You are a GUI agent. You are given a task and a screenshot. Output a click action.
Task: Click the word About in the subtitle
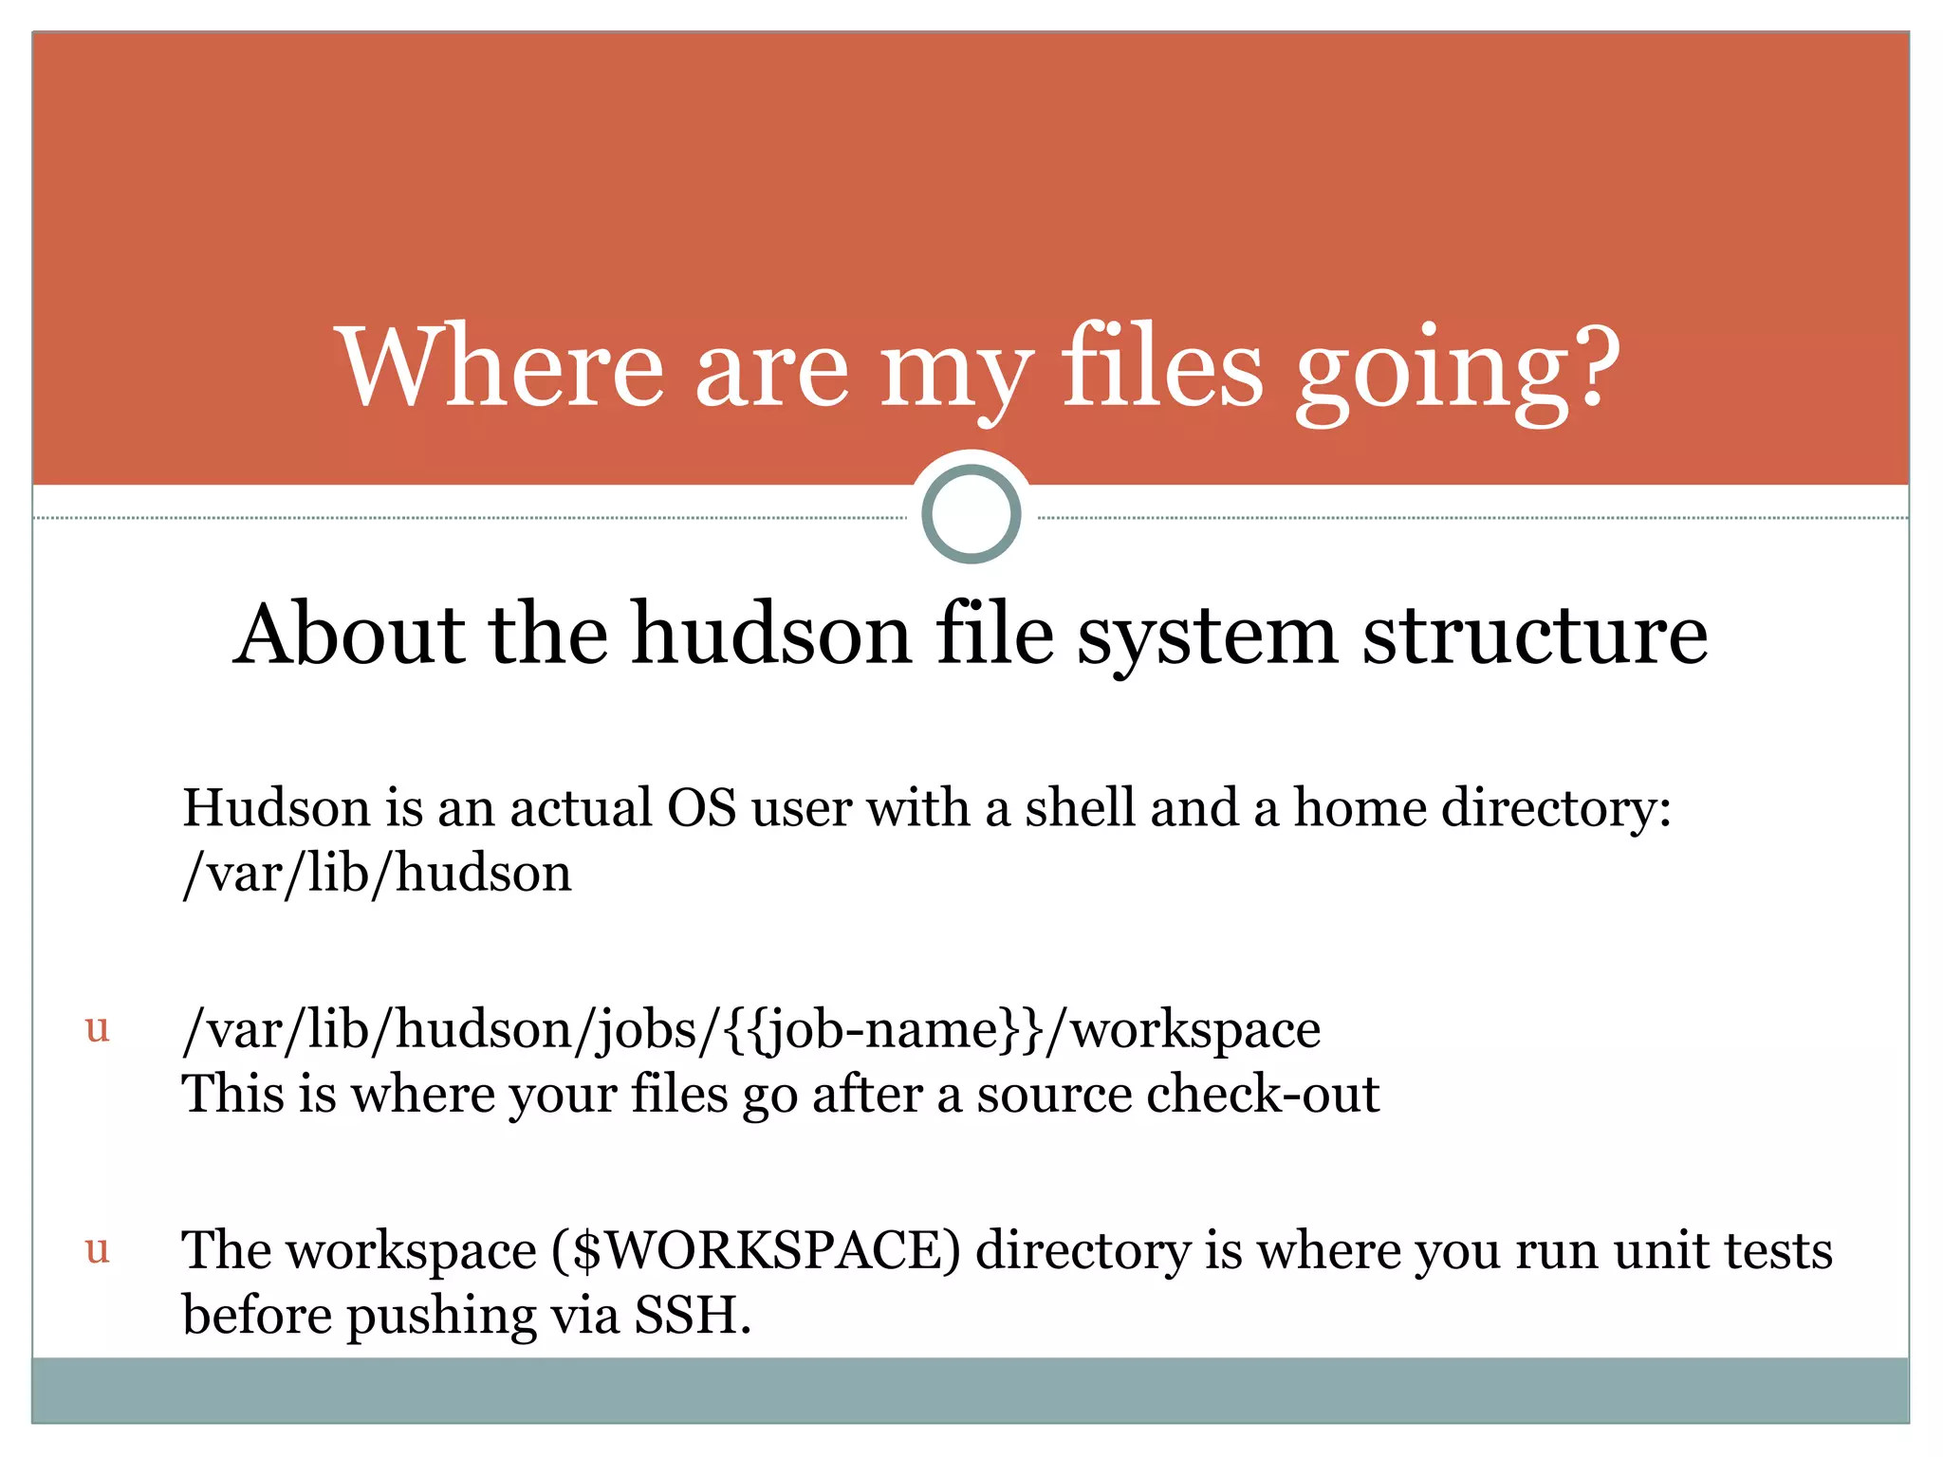click(x=350, y=634)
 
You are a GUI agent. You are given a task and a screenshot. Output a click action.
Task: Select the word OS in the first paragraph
click(x=701, y=808)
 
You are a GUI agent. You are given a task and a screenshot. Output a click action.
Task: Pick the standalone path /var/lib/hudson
click(x=378, y=874)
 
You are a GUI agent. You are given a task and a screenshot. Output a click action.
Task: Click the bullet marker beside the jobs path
click(x=98, y=1028)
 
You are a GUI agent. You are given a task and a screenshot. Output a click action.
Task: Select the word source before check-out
click(x=1054, y=1097)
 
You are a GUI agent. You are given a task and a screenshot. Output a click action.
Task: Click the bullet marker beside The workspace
click(x=98, y=1250)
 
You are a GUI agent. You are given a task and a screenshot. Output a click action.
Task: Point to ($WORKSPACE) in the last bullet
click(x=756, y=1251)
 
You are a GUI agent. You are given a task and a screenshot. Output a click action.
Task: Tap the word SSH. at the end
click(x=693, y=1316)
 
